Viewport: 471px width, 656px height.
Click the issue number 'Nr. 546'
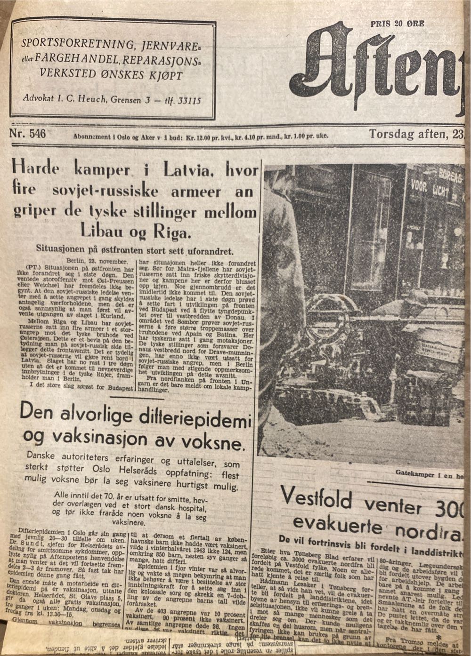click(28, 134)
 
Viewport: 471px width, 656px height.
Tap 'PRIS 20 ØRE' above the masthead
click(397, 24)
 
